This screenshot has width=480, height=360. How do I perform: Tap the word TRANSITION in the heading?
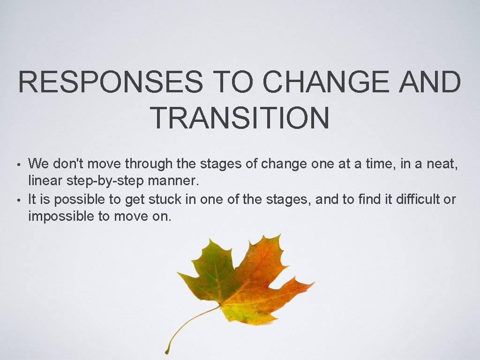tap(240, 118)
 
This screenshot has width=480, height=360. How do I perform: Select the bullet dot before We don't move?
tap(18, 165)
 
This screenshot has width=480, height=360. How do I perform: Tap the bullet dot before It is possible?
tap(18, 201)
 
